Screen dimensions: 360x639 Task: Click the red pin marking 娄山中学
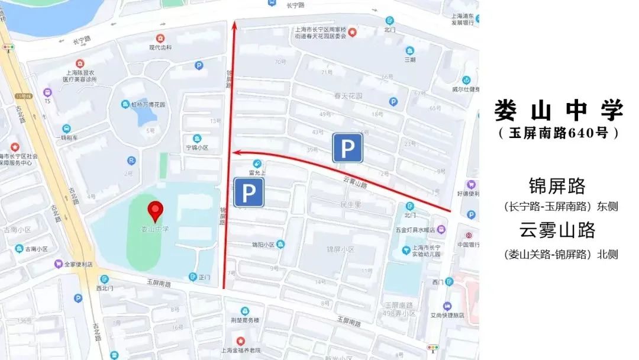click(x=156, y=210)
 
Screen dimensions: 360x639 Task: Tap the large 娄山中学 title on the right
click(x=559, y=111)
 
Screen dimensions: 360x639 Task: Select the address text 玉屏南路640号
click(x=559, y=133)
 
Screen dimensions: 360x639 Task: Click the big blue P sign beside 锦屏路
click(x=248, y=192)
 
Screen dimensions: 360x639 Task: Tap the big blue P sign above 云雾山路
click(x=347, y=147)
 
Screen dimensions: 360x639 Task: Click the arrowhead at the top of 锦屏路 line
click(x=234, y=25)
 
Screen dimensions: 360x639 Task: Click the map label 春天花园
click(x=348, y=95)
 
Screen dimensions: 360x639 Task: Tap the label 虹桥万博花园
click(x=148, y=104)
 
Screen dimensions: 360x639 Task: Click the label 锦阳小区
click(x=263, y=245)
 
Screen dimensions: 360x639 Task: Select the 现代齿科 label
click(x=160, y=47)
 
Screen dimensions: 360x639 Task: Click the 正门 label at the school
click(x=204, y=277)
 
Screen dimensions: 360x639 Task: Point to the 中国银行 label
click(x=467, y=244)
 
